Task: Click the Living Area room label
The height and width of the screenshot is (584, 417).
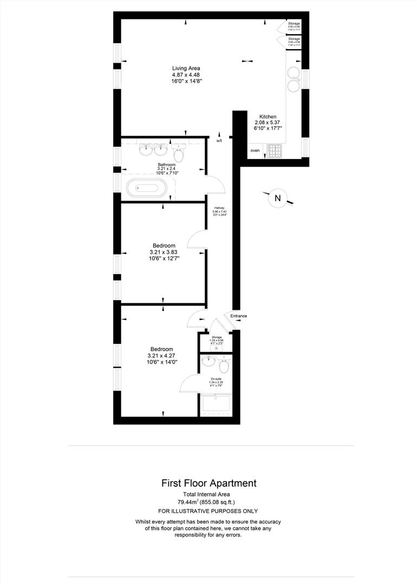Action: click(x=186, y=68)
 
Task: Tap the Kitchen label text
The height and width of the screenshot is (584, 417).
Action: click(x=268, y=117)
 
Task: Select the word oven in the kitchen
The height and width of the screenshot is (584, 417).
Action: click(x=255, y=150)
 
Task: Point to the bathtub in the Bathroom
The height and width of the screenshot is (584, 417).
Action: click(x=147, y=189)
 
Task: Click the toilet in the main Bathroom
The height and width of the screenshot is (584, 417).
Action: click(x=179, y=153)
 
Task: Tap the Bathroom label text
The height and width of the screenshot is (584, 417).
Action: click(x=167, y=164)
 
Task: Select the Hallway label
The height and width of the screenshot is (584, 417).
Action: click(x=219, y=208)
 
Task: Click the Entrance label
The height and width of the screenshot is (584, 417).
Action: click(x=239, y=316)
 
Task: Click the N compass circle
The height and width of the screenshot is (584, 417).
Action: click(x=277, y=198)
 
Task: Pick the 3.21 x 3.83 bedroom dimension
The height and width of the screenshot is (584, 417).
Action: click(x=164, y=252)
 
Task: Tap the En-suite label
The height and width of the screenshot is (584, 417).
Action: click(x=216, y=379)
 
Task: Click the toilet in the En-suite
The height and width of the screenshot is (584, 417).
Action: click(x=225, y=363)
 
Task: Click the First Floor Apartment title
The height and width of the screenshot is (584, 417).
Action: click(x=209, y=483)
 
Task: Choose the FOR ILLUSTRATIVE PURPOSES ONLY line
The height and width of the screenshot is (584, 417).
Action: click(x=208, y=511)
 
